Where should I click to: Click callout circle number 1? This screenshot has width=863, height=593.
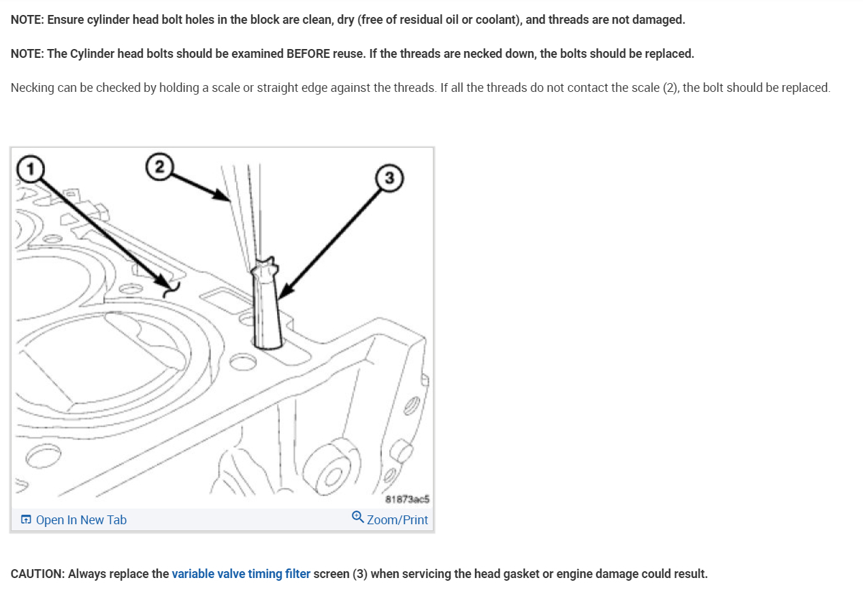pos(30,167)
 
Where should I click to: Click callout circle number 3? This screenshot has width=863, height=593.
pos(389,178)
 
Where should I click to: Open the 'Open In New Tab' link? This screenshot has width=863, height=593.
pos(81,520)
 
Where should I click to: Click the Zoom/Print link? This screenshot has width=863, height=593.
pos(397,520)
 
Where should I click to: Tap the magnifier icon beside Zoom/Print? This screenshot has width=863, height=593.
pos(358,518)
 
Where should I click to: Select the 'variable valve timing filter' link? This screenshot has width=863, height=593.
pos(241,574)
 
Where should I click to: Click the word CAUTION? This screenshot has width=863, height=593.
pos(38,574)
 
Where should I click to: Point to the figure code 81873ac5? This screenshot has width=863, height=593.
pos(407,499)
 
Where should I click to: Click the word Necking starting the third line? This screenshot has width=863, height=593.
pos(32,88)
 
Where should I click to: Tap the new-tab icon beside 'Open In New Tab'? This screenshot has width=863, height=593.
pos(26,520)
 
